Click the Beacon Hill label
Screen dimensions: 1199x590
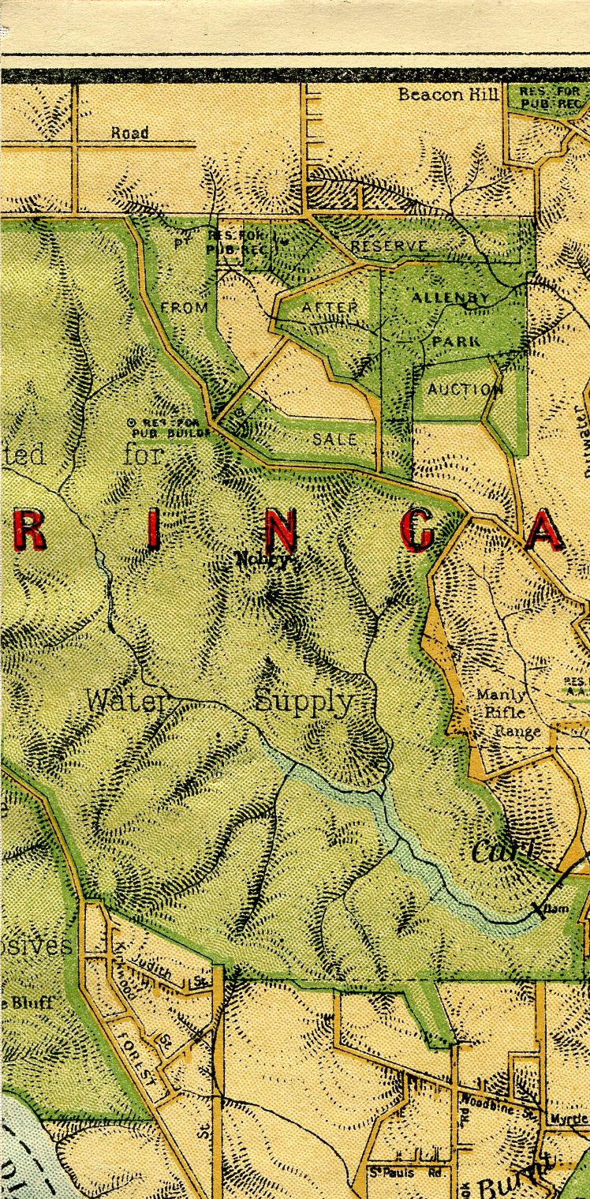point(448,95)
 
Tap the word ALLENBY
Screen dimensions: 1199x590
point(450,298)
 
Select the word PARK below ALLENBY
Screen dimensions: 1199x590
point(455,342)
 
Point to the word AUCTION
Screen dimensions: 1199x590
point(465,390)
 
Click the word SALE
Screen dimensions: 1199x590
point(334,439)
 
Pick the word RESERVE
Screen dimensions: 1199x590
point(389,247)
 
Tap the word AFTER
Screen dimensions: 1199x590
point(323,306)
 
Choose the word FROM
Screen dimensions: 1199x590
point(183,306)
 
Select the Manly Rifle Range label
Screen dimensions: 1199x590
point(506,713)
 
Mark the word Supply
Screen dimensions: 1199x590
point(304,701)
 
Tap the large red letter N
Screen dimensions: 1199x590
point(282,533)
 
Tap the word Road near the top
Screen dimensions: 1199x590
point(129,133)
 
